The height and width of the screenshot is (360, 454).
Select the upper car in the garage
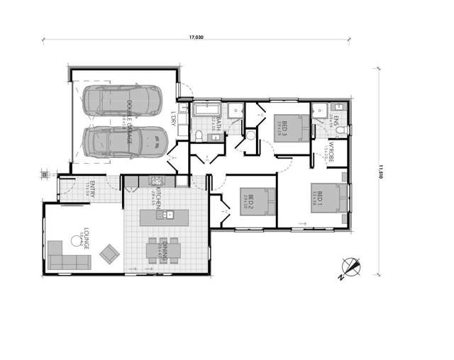click(121, 101)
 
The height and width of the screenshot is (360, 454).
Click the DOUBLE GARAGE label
click(129, 122)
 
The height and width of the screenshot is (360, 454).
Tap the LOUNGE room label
click(86, 237)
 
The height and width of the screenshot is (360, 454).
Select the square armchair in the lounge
click(110, 252)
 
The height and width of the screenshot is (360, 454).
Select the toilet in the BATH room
click(201, 135)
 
